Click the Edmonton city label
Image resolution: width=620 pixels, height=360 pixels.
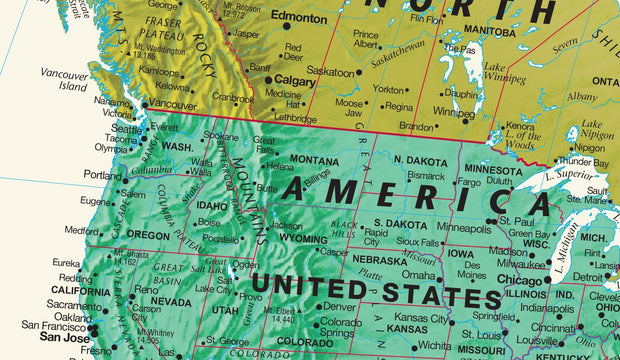(x=298, y=19)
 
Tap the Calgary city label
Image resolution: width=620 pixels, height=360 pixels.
(x=295, y=81)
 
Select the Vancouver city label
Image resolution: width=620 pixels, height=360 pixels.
(x=172, y=105)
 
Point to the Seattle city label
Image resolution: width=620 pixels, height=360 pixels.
(x=127, y=129)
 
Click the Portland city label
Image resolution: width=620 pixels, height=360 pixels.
(x=102, y=175)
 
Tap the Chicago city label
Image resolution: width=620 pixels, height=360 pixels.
(x=519, y=280)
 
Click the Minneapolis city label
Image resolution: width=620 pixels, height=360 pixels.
(x=465, y=228)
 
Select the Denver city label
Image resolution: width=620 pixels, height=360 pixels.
(x=339, y=307)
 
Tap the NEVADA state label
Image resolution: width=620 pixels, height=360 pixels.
(x=171, y=301)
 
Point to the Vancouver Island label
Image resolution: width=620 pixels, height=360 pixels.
(x=64, y=80)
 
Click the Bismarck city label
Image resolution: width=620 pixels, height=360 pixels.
(x=426, y=176)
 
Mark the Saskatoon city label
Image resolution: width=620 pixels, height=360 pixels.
(x=330, y=72)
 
